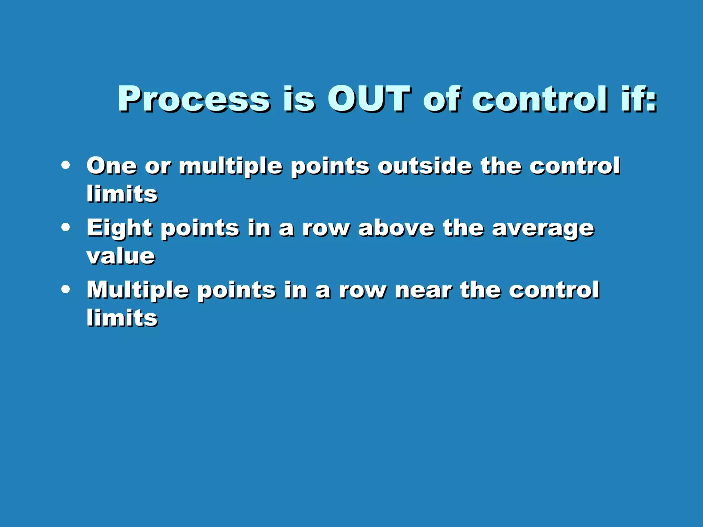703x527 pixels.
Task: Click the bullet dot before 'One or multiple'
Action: (x=65, y=165)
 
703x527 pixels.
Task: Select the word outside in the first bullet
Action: (x=425, y=166)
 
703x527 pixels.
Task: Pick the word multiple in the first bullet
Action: (x=231, y=166)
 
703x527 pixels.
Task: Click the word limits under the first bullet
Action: (x=122, y=194)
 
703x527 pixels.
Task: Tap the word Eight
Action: (x=119, y=228)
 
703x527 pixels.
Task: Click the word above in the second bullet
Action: (x=396, y=228)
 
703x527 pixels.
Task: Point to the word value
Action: (x=121, y=256)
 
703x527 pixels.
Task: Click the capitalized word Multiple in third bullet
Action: (x=137, y=290)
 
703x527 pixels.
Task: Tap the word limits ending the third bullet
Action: (x=122, y=318)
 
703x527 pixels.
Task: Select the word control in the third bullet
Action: (x=554, y=290)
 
